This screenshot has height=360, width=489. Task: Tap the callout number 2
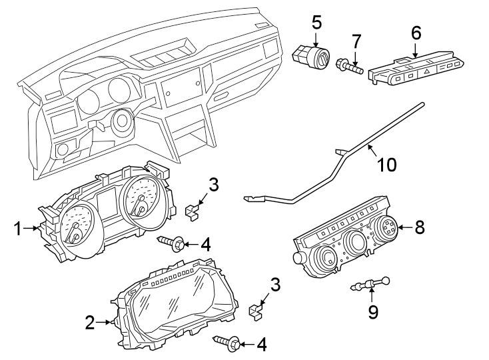pos(90,323)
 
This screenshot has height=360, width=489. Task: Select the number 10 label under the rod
pos(386,163)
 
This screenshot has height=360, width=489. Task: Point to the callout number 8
pos(419,228)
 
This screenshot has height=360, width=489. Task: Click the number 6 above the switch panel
pos(416,31)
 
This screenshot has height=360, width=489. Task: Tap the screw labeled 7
pos(351,65)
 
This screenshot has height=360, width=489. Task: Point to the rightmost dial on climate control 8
pos(386,231)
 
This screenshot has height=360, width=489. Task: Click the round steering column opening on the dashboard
pos(122,122)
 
